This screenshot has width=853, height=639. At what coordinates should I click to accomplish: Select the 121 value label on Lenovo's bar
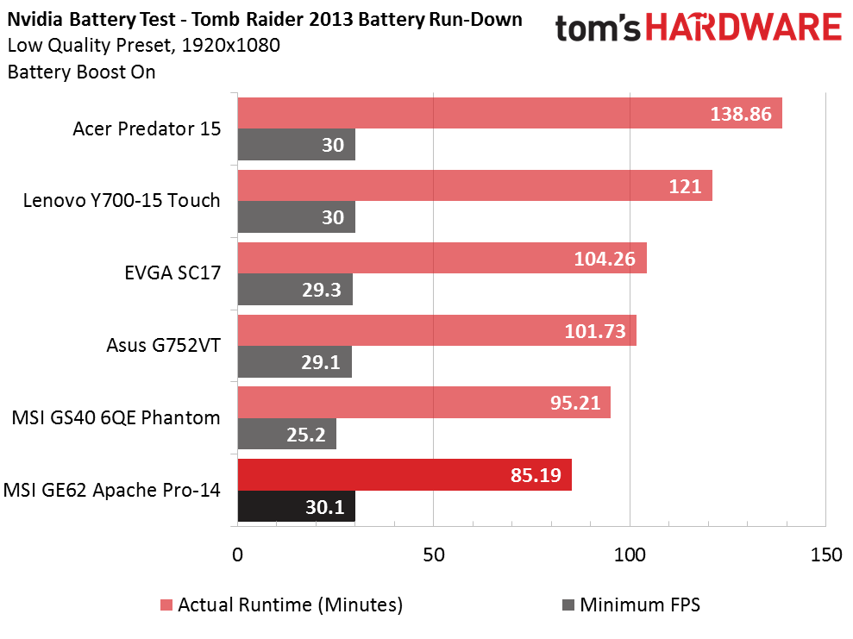point(685,185)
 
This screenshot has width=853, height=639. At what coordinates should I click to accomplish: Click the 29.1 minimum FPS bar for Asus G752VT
point(294,362)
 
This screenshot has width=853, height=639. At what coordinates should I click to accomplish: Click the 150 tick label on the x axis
point(825,554)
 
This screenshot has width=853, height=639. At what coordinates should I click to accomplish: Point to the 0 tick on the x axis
point(237,554)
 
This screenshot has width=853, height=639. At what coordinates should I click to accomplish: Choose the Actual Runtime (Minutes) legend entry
point(281,605)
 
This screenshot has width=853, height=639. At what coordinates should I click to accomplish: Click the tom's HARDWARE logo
point(698,29)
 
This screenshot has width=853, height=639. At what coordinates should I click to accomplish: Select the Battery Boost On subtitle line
point(81,72)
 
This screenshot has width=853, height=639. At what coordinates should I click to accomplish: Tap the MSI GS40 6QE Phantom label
point(116,418)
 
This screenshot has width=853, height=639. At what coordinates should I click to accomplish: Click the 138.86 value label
point(740,113)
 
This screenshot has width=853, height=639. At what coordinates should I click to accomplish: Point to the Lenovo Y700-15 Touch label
point(122,201)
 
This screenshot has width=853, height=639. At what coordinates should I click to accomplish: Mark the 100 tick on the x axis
point(629,554)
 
